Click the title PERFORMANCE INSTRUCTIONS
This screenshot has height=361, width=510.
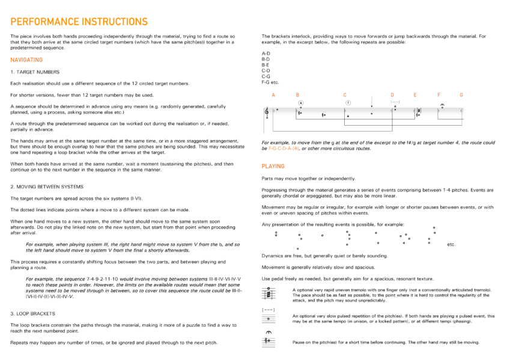click(79, 22)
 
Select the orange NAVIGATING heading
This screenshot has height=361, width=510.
click(26, 60)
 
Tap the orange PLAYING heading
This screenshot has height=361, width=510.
click(273, 166)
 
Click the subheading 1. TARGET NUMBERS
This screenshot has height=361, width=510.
click(35, 72)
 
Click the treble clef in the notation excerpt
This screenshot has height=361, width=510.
click(267, 113)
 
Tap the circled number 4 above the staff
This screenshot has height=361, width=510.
click(300, 103)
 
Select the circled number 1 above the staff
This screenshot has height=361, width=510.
click(348, 102)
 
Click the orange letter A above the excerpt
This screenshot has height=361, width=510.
click(273, 95)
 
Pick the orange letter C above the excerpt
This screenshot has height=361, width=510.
click(345, 95)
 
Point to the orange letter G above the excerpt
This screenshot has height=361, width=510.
click(461, 95)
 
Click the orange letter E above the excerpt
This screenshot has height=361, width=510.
click(414, 95)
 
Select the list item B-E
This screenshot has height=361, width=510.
click(266, 65)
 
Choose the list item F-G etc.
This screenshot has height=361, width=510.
click(270, 82)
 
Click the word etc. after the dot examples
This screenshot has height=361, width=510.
click(451, 245)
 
